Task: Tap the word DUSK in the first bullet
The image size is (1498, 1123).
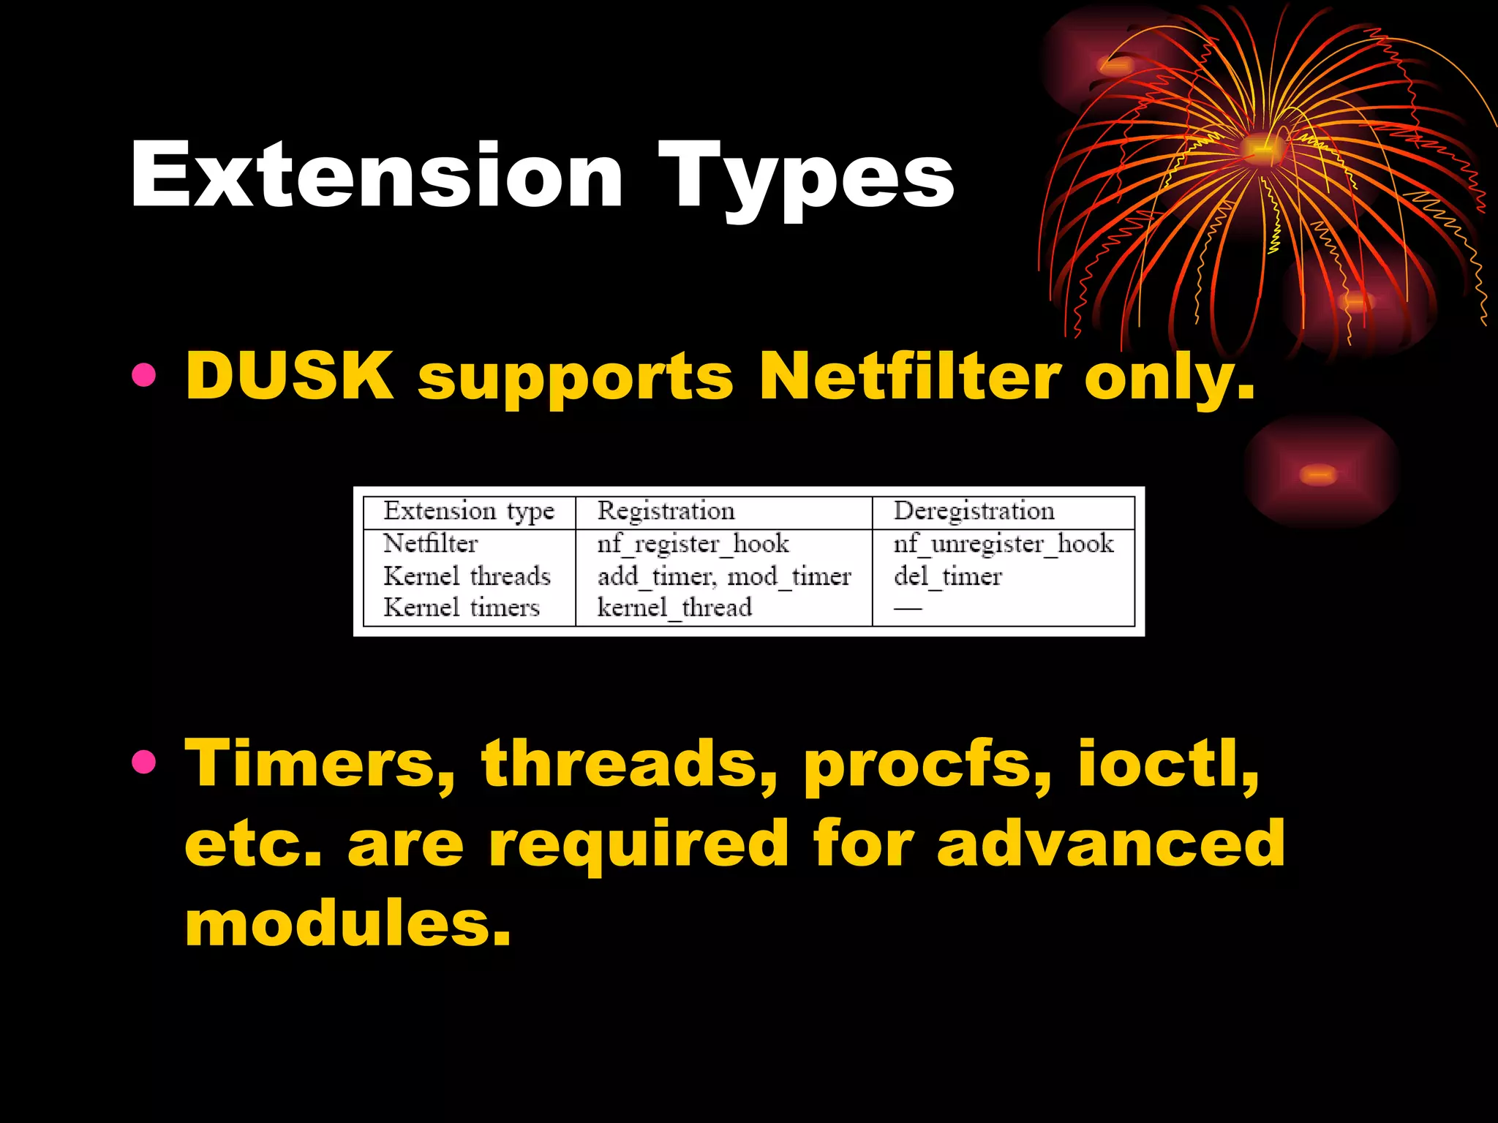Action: tap(289, 376)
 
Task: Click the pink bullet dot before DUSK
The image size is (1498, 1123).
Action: tap(144, 376)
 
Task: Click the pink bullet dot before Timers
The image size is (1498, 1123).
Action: tap(144, 763)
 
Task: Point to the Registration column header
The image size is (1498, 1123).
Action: tap(666, 510)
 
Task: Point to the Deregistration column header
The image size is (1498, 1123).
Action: tap(974, 510)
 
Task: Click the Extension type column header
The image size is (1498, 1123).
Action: tap(469, 511)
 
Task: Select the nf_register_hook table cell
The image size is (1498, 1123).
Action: tap(693, 544)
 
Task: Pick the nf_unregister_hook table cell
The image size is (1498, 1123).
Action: tap(1003, 544)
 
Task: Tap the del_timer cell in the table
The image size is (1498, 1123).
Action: tap(947, 577)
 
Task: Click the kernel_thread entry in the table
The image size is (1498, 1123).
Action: tap(674, 608)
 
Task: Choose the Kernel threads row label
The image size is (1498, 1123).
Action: tap(467, 576)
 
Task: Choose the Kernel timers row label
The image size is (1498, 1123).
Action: tap(462, 608)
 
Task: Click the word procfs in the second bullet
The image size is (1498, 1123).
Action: tap(927, 764)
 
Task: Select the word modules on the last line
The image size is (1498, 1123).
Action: tap(347, 923)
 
